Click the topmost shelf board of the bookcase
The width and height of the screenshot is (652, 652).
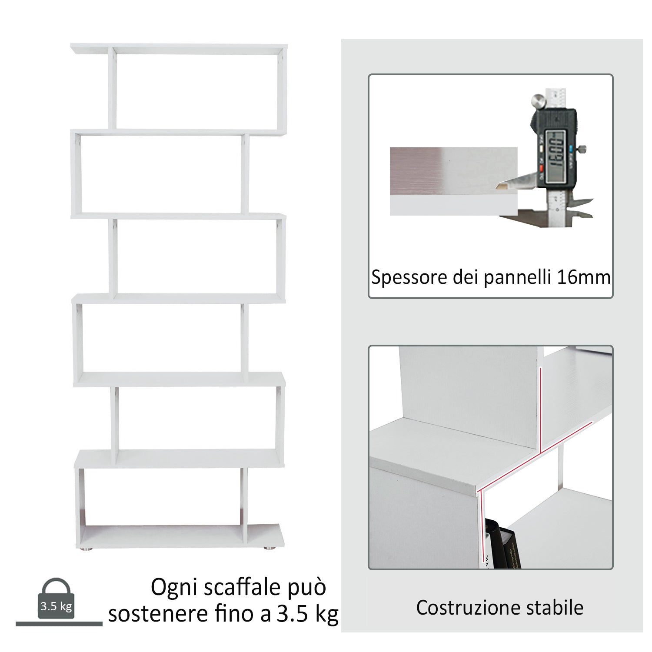(178, 49)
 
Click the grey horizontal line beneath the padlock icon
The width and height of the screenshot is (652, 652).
(59, 624)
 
